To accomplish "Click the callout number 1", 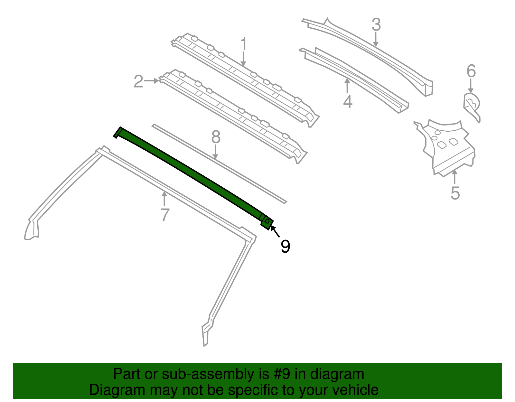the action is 244,44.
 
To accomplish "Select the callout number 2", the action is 139,81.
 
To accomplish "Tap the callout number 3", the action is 376,25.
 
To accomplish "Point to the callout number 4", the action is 348,102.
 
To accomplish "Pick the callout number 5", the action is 455,193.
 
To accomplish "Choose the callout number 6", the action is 471,71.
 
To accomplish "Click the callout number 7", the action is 165,215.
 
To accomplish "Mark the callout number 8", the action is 216,137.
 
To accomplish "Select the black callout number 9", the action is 286,246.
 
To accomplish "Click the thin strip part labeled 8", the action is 219,164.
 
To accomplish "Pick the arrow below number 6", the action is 471,86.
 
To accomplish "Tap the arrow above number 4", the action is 347,85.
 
